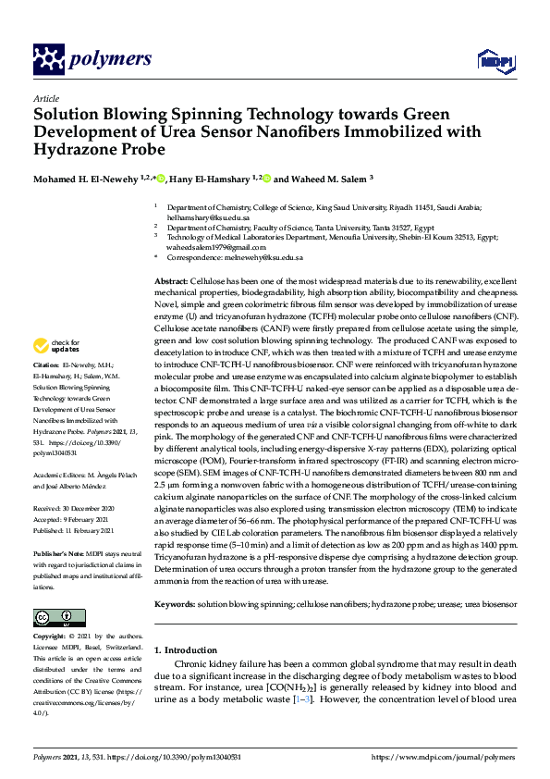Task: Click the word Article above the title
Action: click(46, 99)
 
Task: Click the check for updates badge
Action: click(56, 346)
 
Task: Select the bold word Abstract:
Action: click(170, 279)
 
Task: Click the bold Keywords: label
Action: click(174, 603)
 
